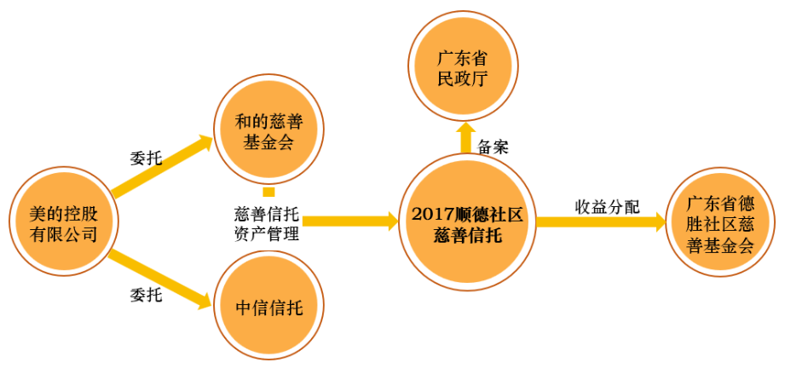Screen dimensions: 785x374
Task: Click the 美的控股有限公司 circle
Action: (64, 222)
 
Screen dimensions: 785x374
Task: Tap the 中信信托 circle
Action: (268, 307)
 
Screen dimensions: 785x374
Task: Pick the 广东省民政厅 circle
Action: (463, 66)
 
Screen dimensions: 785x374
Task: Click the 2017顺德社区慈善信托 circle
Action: (468, 222)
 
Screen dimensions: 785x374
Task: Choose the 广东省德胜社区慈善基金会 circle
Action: (721, 222)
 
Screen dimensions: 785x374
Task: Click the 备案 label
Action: (494, 147)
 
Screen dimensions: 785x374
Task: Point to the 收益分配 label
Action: (607, 207)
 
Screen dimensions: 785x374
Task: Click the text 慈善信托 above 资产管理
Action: (267, 216)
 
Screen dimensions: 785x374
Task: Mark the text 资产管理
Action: (267, 233)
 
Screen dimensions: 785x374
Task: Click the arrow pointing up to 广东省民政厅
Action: (466, 137)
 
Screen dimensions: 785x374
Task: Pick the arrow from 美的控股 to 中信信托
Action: (161, 278)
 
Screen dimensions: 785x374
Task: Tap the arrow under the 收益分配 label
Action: (601, 222)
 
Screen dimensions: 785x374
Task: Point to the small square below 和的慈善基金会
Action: (268, 192)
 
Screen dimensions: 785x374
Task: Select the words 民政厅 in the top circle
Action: (463, 79)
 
